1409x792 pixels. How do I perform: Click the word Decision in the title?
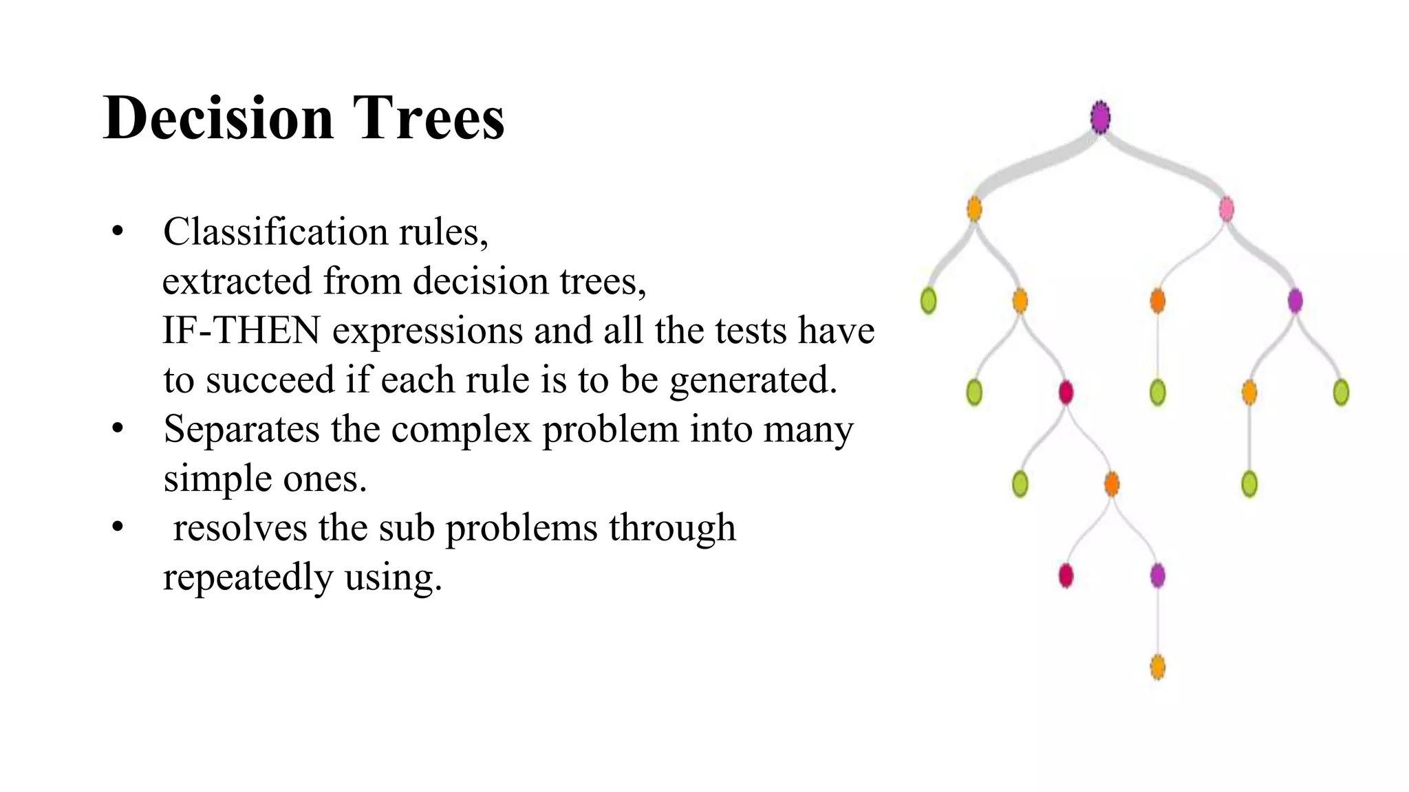coord(218,118)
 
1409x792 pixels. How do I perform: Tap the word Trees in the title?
coord(429,118)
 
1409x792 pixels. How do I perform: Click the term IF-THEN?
coord(241,331)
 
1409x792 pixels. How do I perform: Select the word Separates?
coord(241,430)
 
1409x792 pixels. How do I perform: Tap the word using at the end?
coord(393,578)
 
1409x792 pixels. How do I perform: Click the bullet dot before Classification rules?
coord(118,232)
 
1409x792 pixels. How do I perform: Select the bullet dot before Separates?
coord(118,429)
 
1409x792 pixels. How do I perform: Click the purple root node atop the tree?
coord(1100,117)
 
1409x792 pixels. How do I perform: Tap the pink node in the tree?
coord(1226,209)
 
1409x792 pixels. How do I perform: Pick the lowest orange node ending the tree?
coord(1158,667)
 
